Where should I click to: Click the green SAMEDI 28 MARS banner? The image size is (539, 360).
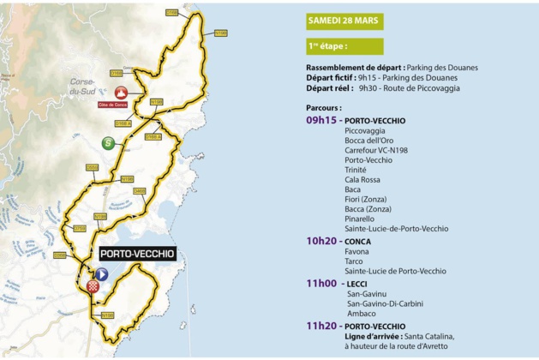pos(344,20)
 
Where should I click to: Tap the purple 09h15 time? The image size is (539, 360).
pos(321,121)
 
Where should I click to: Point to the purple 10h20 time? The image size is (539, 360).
pos(321,241)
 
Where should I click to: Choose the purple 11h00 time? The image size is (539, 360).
pos(321,283)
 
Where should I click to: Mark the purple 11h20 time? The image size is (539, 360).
pos(321,326)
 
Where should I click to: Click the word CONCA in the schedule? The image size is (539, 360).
pos(357,241)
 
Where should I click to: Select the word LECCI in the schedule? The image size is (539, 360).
pos(356,283)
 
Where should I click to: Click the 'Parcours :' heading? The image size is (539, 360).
pos(324,108)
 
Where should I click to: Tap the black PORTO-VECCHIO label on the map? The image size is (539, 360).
pos(137,254)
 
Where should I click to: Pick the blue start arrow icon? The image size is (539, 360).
pos(102,274)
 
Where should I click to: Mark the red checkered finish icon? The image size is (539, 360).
pos(94,286)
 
